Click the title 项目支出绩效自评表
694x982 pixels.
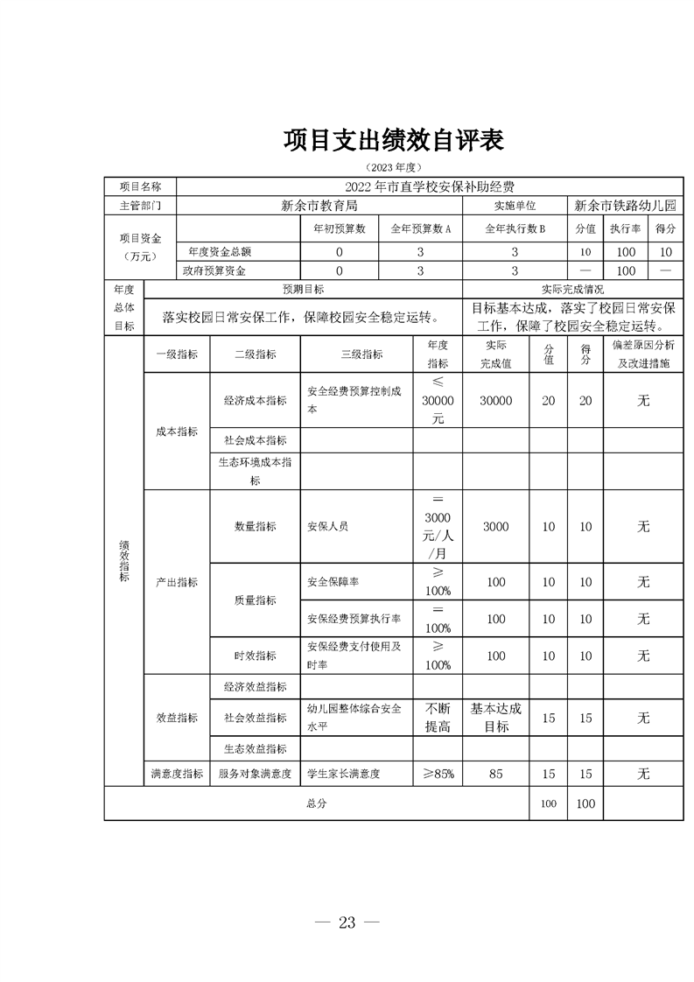tap(394, 140)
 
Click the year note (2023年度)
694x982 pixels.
tap(394, 166)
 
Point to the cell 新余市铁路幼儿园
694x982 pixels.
tap(625, 207)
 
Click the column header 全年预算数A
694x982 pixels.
tap(419, 228)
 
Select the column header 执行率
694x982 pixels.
tap(625, 228)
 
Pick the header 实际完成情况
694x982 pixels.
tap(572, 290)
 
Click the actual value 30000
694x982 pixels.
tap(495, 400)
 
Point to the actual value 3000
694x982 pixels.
tap(495, 527)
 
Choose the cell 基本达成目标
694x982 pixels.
tap(495, 718)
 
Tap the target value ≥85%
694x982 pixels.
tap(438, 774)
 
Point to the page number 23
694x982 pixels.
tap(347, 922)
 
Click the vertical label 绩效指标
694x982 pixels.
tap(123, 560)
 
